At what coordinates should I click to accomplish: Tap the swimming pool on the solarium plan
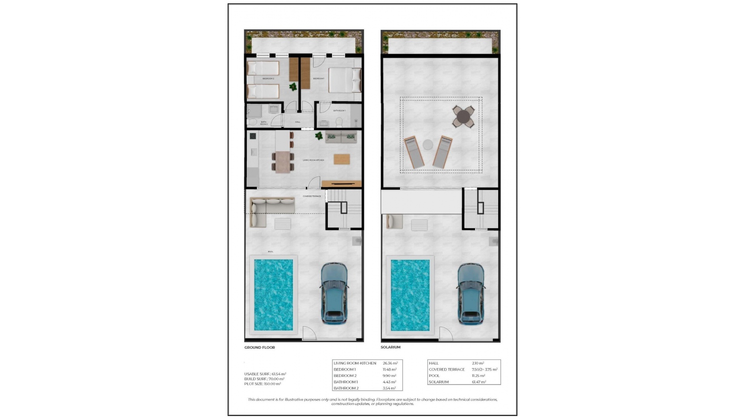point(410,295)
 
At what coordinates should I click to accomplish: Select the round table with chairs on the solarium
point(463,116)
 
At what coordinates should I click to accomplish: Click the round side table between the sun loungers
point(428,145)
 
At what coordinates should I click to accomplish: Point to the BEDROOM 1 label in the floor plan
point(319,79)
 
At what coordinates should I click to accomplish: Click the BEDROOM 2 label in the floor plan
point(268,79)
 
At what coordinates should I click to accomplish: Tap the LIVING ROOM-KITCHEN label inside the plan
point(313,160)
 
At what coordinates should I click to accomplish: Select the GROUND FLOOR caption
point(260,348)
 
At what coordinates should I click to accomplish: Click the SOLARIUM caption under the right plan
point(390,347)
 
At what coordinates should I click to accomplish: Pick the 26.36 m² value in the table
point(390,363)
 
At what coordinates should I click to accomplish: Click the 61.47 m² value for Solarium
point(479,382)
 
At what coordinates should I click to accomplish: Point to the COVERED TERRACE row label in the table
point(447,369)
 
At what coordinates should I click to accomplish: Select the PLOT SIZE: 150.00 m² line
point(262,384)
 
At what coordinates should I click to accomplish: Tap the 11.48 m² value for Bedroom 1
point(389,369)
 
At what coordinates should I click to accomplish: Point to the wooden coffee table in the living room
point(341,159)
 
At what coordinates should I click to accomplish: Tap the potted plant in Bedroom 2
point(293,87)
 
